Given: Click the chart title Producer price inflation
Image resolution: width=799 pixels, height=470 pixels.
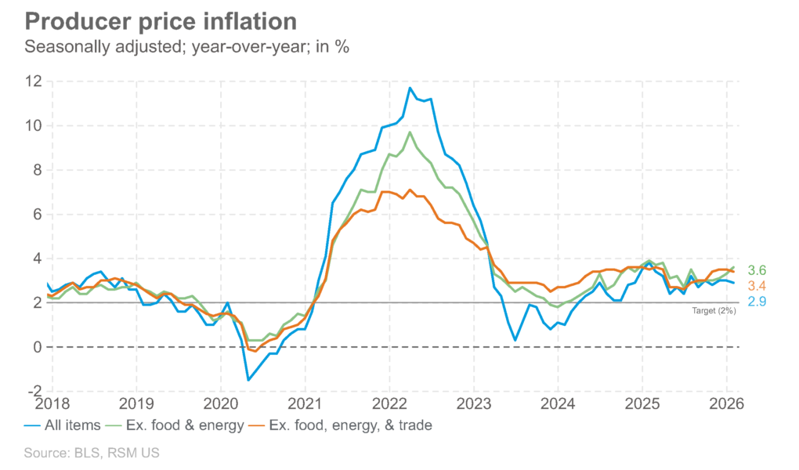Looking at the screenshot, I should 161,20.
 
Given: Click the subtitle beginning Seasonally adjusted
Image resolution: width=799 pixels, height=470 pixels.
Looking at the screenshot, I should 186,46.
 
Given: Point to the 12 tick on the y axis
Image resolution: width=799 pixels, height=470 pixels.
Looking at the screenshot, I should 32,81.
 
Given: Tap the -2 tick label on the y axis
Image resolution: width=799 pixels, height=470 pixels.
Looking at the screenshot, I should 32,391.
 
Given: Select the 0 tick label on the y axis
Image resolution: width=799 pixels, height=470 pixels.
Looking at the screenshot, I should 35,347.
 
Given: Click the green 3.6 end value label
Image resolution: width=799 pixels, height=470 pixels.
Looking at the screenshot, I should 757,269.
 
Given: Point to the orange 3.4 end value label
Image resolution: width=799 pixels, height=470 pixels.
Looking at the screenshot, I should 757,285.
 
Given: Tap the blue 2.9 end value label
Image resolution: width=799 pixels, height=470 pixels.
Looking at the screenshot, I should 757,302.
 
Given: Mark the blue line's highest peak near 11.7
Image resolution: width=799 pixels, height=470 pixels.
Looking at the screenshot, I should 410,89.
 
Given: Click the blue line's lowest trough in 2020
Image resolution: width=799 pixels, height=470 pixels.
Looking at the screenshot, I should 248,380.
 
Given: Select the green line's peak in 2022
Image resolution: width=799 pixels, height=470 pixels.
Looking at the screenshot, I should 410,132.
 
